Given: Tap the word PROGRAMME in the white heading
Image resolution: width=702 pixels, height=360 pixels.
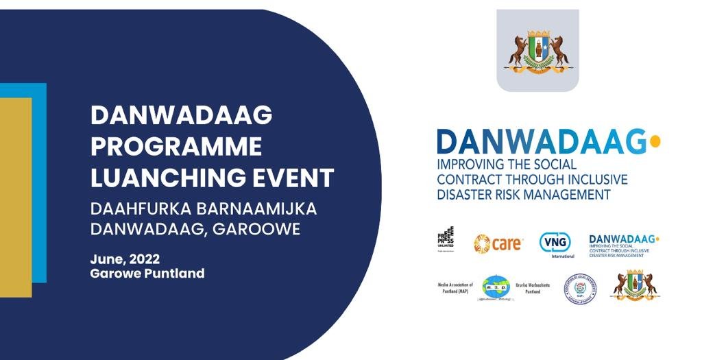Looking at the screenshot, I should [x=176, y=147].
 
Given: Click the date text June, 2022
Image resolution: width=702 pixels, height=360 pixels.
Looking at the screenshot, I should [x=125, y=259].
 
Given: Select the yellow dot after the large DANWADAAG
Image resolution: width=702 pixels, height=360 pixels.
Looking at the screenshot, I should [x=655, y=141].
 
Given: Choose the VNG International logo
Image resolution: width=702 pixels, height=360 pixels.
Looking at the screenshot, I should [x=555, y=243].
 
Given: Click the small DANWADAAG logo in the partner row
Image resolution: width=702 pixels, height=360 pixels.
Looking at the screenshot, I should [x=624, y=243].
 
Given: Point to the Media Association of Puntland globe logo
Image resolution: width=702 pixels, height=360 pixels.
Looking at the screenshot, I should [x=495, y=287].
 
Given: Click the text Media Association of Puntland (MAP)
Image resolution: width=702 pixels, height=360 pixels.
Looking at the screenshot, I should [x=455, y=287].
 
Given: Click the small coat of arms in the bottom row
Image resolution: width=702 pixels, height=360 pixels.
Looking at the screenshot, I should [x=636, y=285].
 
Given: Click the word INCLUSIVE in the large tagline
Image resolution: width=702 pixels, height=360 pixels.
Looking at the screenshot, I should [x=596, y=180].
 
